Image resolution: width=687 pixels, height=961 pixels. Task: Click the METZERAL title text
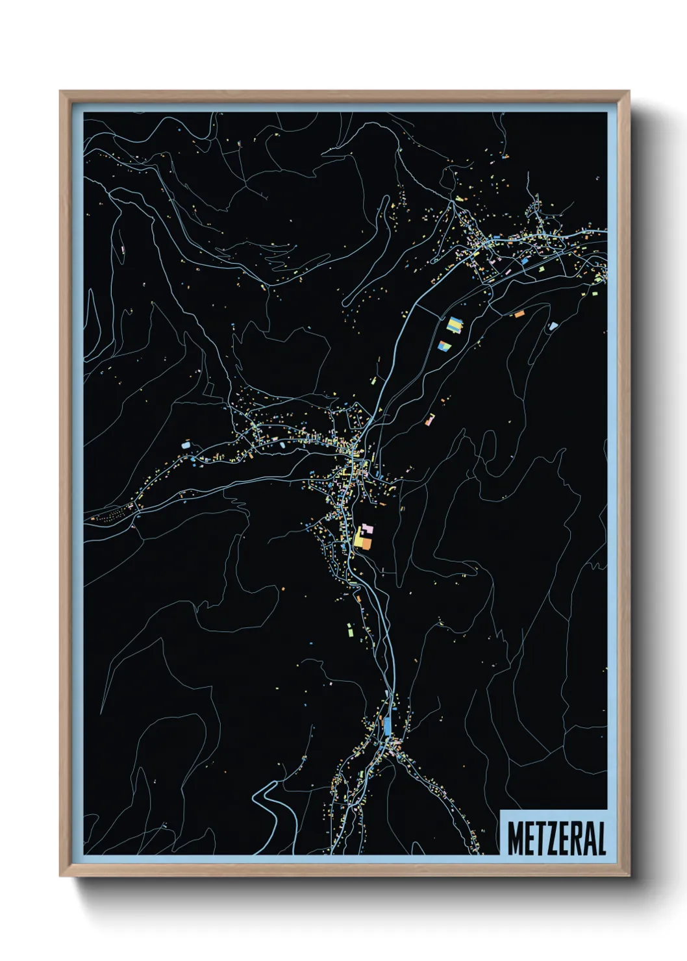tap(556, 838)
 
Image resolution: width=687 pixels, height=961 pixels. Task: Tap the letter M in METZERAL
tap(515, 838)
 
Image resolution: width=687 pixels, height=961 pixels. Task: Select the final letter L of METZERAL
tap(601, 838)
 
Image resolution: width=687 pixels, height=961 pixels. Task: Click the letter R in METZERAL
tap(575, 838)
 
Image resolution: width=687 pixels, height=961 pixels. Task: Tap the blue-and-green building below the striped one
tap(445, 346)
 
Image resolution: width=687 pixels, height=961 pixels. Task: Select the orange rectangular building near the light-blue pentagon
tap(519, 314)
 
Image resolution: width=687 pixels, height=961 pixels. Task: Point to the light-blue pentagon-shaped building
tap(553, 326)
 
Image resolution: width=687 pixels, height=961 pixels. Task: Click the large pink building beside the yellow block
tap(368, 529)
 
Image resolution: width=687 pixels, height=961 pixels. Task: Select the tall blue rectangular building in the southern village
tap(388, 725)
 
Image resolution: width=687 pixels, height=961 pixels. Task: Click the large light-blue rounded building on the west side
tap(186, 445)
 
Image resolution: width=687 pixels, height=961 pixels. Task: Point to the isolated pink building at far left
tap(122, 249)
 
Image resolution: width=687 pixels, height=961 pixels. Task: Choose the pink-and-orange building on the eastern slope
tap(429, 419)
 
